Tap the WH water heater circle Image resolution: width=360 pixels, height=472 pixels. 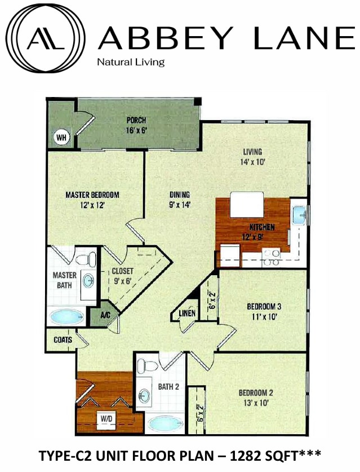pos(61,136)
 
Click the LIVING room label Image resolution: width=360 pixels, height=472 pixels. pos(252,152)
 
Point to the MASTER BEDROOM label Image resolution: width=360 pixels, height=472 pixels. pos(92,195)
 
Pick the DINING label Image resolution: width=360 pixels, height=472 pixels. pos(180,195)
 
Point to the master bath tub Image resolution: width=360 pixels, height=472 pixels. pos(68,316)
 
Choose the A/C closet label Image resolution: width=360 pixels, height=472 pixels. pos(105,315)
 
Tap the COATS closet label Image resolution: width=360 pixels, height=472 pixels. pos(63,340)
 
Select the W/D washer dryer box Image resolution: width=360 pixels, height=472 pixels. pos(105,419)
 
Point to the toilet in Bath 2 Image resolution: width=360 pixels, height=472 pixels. pos(148,366)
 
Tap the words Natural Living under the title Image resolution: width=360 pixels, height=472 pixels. pos(131,62)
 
